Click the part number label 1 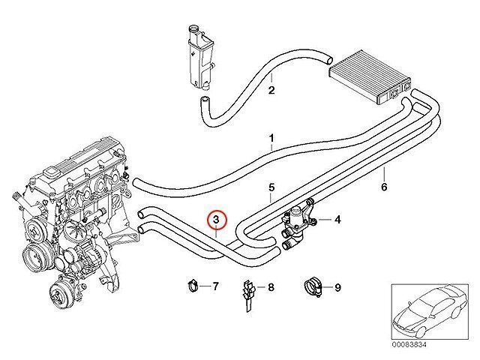coord(271,139)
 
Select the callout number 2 coord(271,91)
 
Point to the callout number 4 coord(337,220)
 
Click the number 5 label coord(271,187)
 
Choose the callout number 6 coord(384,187)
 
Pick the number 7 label coord(215,286)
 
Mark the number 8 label coord(271,286)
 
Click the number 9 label coord(337,286)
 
